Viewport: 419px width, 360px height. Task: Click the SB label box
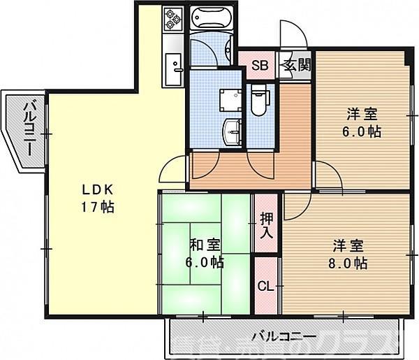(260, 66)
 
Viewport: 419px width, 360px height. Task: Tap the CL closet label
(265, 286)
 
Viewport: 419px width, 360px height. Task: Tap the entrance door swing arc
(290, 35)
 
